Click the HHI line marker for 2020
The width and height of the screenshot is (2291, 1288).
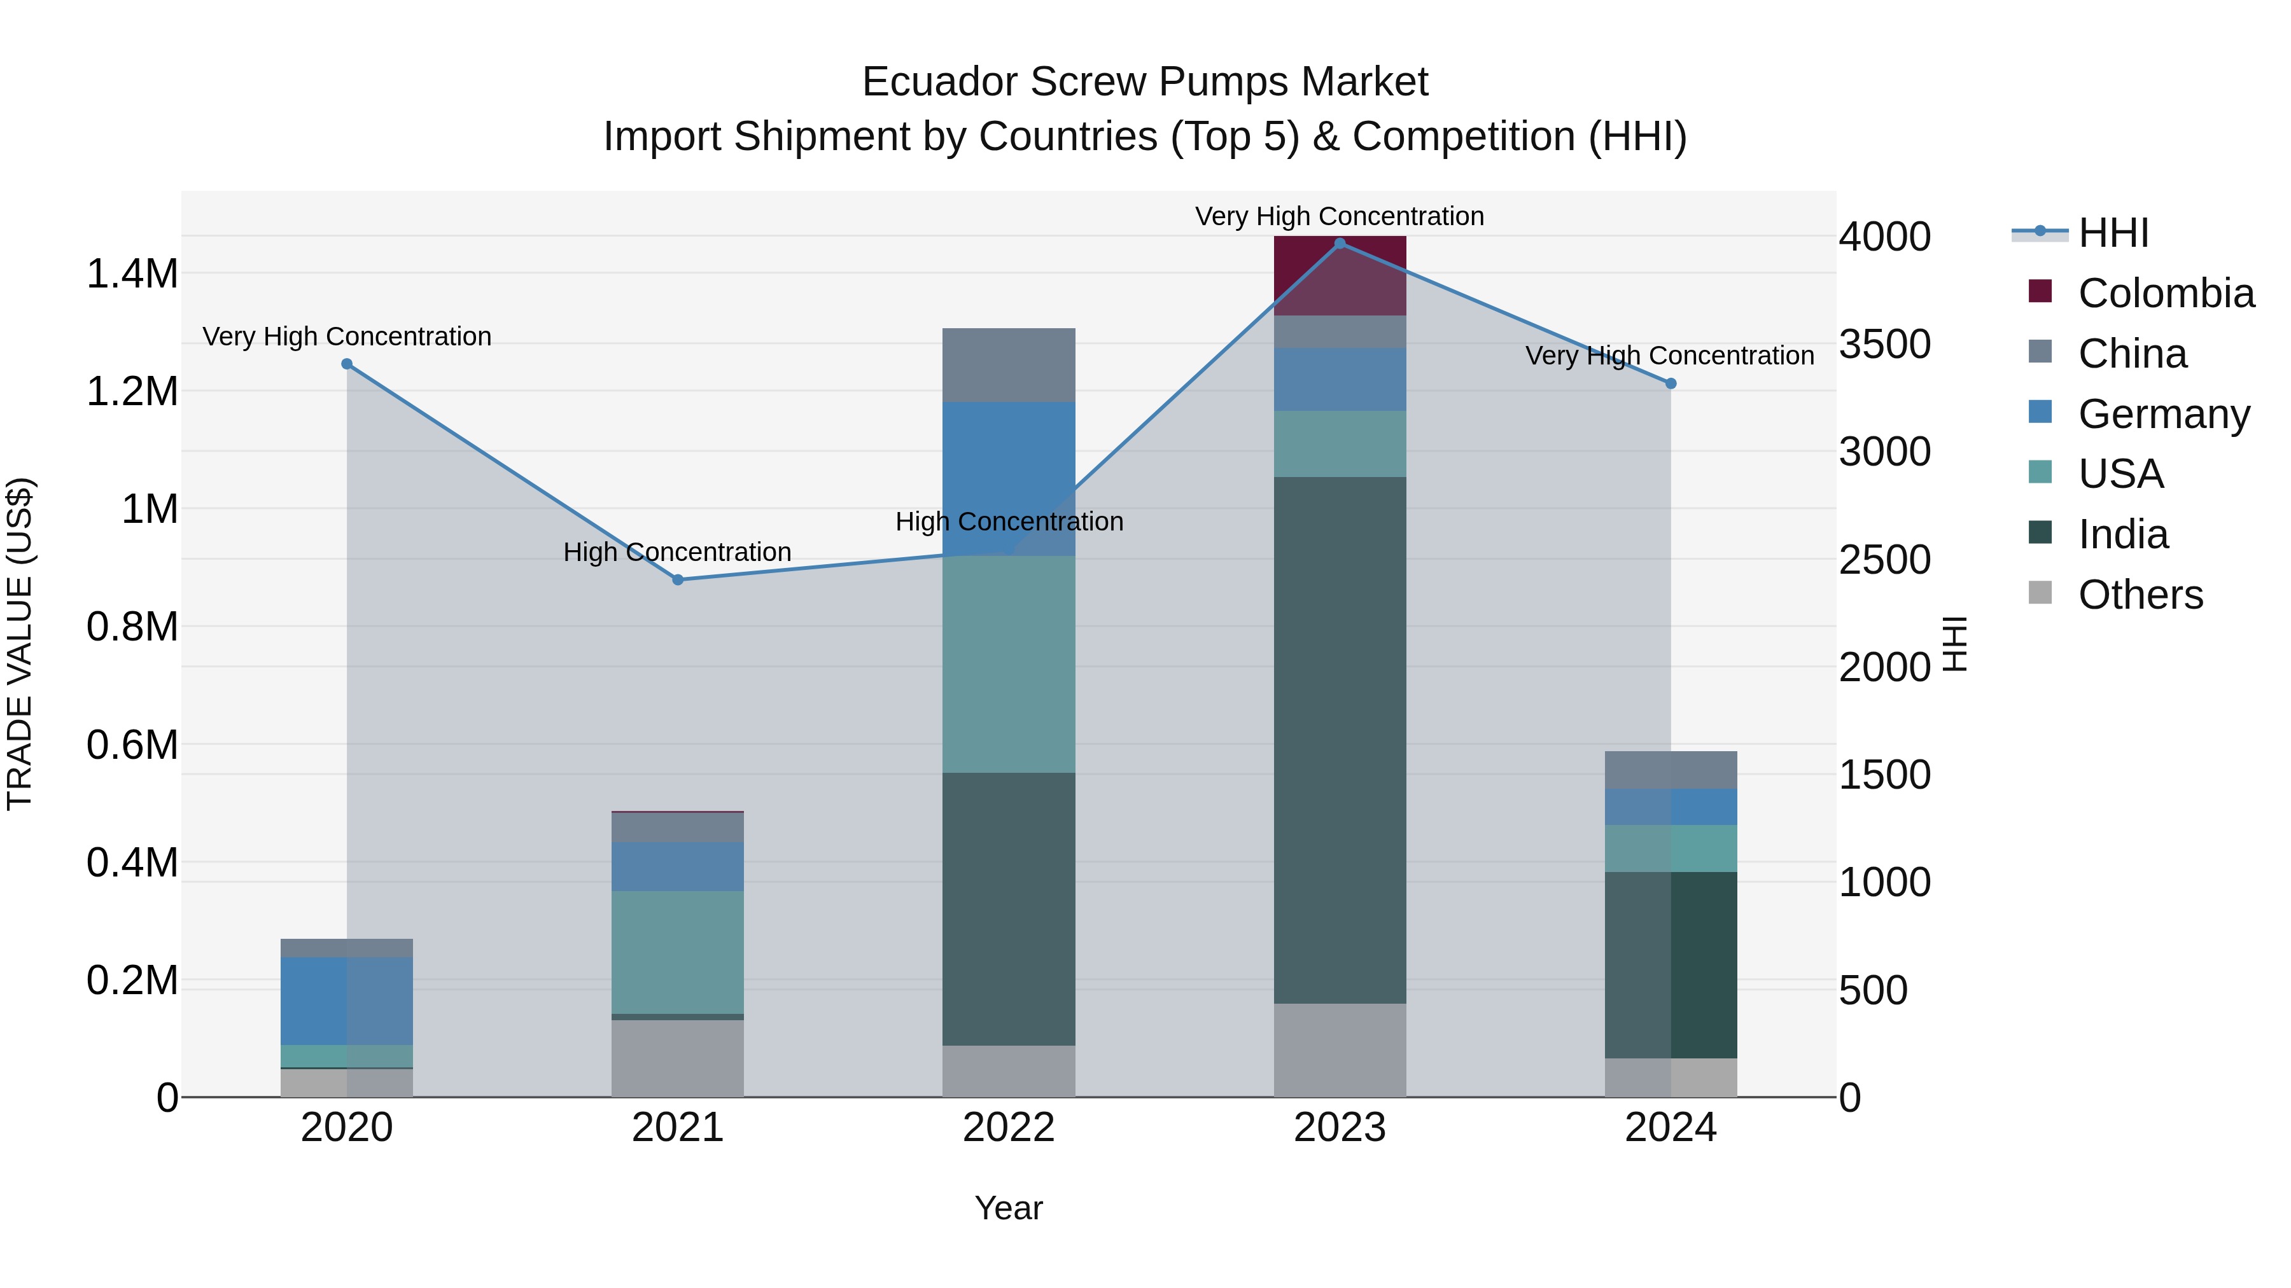click(x=347, y=364)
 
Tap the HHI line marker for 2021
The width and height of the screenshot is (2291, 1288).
click(x=678, y=579)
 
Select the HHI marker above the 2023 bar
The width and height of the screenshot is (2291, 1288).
click(x=1340, y=244)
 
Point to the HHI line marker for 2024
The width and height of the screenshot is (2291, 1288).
click(x=1671, y=383)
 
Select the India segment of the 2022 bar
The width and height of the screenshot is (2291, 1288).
click(x=1009, y=908)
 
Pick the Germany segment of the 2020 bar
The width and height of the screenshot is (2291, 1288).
click(x=347, y=1001)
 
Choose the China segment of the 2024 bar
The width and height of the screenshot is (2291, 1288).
click(x=1671, y=770)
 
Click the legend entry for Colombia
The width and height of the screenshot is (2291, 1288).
click(x=2166, y=293)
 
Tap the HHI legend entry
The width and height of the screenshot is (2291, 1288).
click(x=2113, y=233)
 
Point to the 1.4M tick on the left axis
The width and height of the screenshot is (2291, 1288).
click(x=132, y=274)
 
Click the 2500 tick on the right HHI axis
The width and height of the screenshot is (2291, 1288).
click(x=1884, y=560)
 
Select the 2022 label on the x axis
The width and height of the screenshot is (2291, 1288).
click(x=1009, y=1127)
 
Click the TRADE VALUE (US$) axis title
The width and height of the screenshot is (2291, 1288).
click(x=20, y=644)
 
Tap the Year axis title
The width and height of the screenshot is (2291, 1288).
click(x=1009, y=1208)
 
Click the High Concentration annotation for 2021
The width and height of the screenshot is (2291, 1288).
click(x=677, y=552)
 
